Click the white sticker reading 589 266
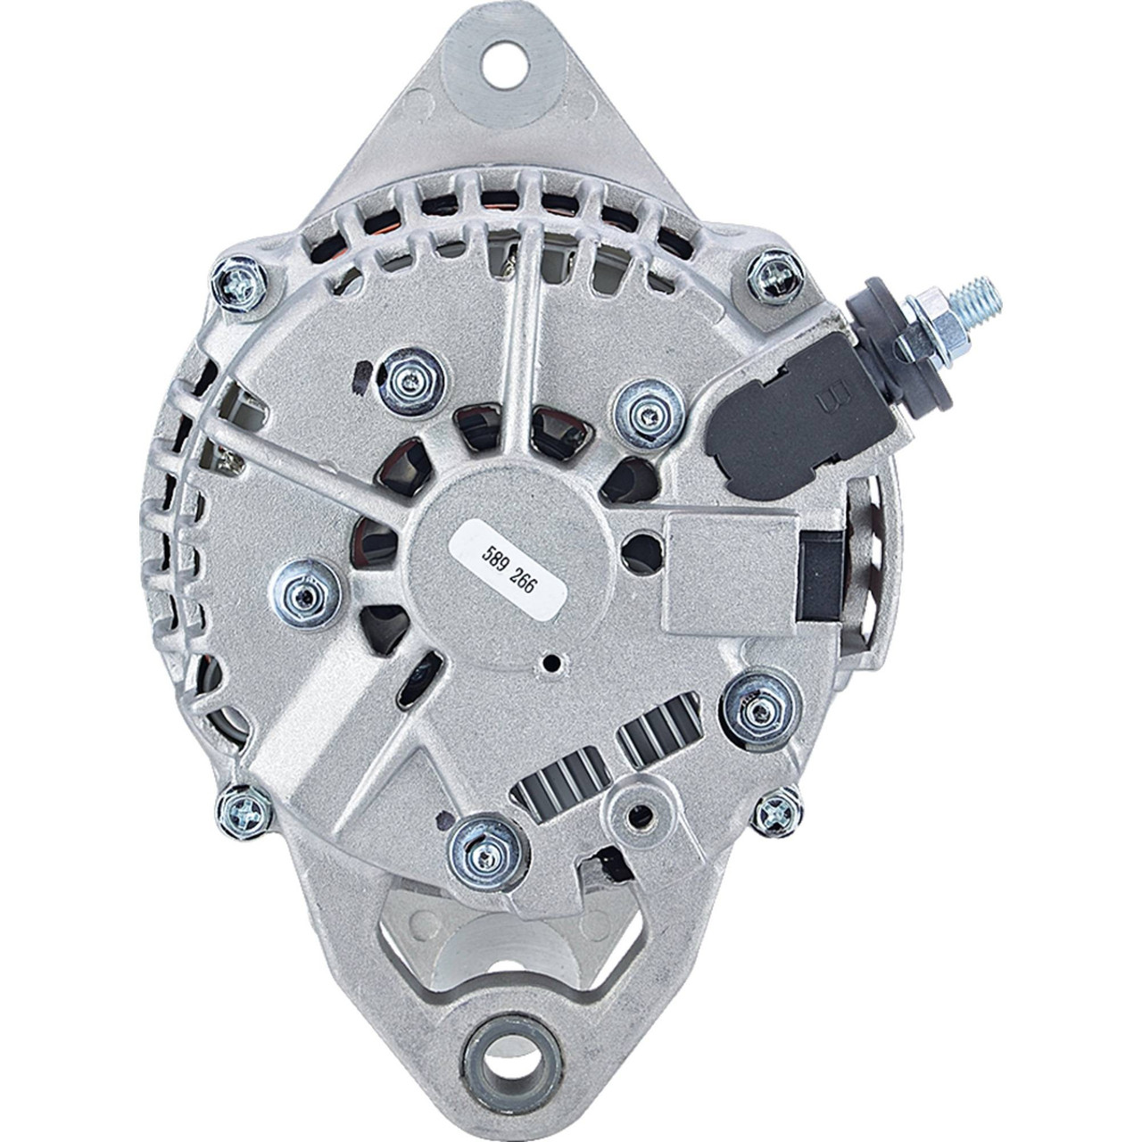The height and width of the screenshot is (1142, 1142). [509, 571]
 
